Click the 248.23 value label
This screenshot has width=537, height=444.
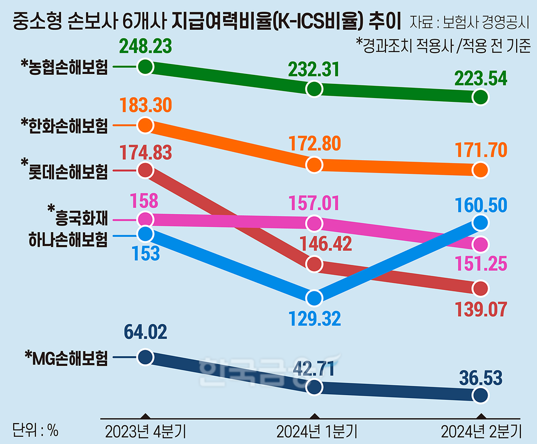pos(145,46)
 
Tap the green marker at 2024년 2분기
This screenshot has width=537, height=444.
pos(481,97)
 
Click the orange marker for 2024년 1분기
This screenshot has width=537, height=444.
pos(314,165)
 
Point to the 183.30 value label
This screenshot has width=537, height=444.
pos(146,105)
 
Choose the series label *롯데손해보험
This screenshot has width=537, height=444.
pos(64,171)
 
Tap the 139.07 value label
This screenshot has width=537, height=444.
pos(481,309)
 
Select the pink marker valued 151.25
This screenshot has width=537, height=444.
pos(481,245)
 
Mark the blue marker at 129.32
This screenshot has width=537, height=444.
pos(314,298)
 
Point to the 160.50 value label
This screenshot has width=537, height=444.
pos(481,206)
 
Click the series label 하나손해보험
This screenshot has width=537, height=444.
pos(68,239)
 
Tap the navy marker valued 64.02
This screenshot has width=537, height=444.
pos(145,357)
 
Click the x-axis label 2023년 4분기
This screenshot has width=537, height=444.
pos(145,432)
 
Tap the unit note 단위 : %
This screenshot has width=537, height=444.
pos(35,431)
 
